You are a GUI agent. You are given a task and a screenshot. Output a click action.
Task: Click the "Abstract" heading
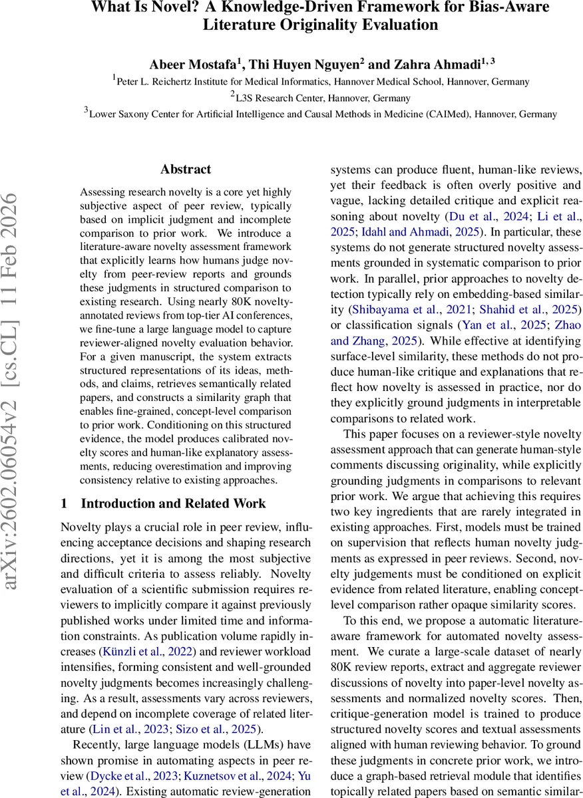click(x=186, y=170)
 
